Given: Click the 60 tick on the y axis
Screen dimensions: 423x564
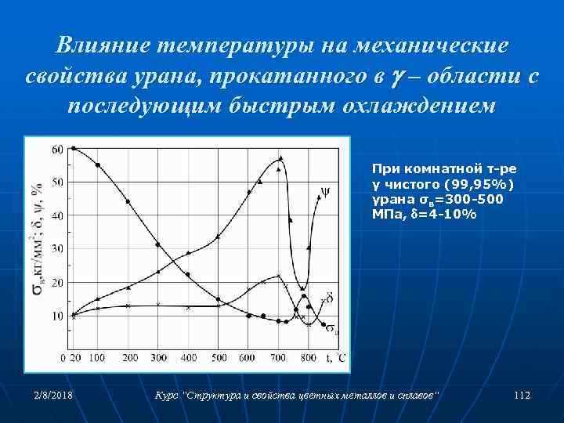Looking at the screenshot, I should [x=58, y=149].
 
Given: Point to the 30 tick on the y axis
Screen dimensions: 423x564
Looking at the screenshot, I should [x=58, y=248].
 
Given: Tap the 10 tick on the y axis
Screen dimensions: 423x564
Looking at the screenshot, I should [x=58, y=316].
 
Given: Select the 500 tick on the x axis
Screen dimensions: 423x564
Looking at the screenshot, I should [x=219, y=358].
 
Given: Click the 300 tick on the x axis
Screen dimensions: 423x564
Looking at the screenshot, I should [x=158, y=358].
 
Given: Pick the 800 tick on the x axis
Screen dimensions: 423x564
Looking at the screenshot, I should [x=309, y=358].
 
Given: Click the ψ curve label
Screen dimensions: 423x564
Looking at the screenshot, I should [x=325, y=190].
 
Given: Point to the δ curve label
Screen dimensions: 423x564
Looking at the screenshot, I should [x=330, y=298].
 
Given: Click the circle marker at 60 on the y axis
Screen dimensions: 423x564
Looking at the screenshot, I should [x=74, y=148].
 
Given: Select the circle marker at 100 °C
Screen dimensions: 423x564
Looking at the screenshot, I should [x=98, y=165].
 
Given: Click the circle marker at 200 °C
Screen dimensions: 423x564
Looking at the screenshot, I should [x=128, y=201].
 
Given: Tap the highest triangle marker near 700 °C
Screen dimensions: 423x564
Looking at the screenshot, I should [x=280, y=158].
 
